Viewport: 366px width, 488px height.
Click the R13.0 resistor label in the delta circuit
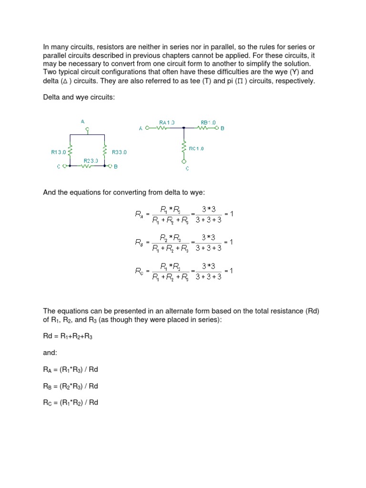point(60,152)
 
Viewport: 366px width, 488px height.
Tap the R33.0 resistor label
point(119,152)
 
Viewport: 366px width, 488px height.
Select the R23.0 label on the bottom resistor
point(91,161)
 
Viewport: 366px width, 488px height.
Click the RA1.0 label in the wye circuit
point(167,122)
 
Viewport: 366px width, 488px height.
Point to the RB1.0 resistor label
point(208,122)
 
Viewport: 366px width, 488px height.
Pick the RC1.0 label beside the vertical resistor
point(196,148)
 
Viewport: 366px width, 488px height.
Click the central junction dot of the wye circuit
point(184,128)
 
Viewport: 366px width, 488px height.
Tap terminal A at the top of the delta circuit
point(87,129)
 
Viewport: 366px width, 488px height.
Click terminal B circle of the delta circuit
point(109,166)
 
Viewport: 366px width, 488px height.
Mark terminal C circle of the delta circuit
point(63,166)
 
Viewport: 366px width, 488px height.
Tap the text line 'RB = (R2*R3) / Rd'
point(71,386)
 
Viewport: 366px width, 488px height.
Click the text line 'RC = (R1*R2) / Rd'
point(71,402)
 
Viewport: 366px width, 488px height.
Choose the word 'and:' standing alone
point(50,354)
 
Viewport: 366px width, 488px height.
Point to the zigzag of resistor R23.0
point(86,166)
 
